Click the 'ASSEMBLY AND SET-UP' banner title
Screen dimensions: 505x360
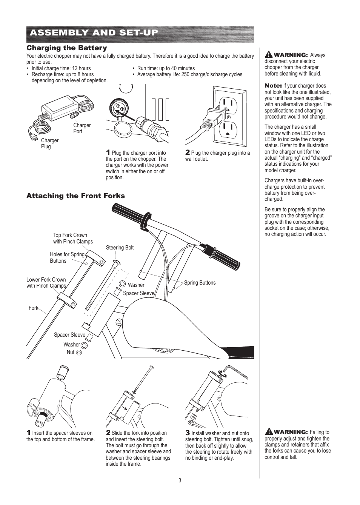tap(94, 33)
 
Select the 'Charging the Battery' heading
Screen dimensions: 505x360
tap(66, 48)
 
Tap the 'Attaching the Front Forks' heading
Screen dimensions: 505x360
tap(75, 196)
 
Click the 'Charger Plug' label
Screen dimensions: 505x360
tap(49, 143)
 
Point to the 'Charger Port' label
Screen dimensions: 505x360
tap(82, 128)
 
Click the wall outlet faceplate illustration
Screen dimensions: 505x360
tap(229, 116)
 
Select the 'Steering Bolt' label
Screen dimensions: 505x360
tap(120, 248)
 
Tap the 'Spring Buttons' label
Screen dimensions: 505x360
tap(200, 283)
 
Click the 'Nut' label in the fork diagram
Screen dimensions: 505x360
tap(71, 352)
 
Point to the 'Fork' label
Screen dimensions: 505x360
tap(33, 308)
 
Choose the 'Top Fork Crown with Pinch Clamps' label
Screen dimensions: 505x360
tap(72, 238)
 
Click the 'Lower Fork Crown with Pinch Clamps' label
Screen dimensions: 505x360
tap(46, 283)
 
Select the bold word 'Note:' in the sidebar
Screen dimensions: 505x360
tap(273, 86)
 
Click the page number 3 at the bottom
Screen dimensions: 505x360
tap(180, 480)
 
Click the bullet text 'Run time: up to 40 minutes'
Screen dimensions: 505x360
tap(166, 68)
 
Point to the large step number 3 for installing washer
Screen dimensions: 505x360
tap(187, 433)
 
